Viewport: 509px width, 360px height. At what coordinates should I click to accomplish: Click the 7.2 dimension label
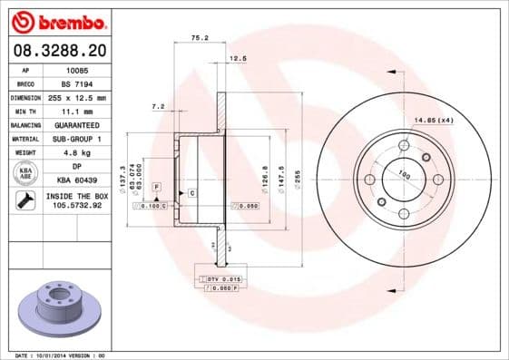click(x=157, y=106)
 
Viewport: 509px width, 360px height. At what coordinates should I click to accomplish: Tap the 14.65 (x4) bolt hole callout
click(x=432, y=119)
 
